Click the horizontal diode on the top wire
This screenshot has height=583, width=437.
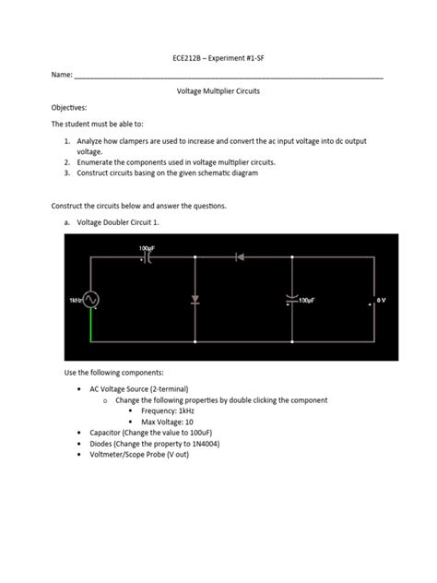pyautogui.click(x=240, y=257)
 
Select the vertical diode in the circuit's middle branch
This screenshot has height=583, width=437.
pyautogui.click(x=195, y=300)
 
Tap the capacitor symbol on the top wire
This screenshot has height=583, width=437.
pyautogui.click(x=147, y=258)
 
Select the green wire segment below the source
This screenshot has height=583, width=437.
pyautogui.click(x=90, y=327)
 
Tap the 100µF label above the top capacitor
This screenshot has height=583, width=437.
pyautogui.click(x=147, y=248)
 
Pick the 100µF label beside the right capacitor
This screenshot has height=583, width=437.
pyautogui.click(x=314, y=301)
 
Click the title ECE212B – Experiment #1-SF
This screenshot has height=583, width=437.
pyautogui.click(x=218, y=56)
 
